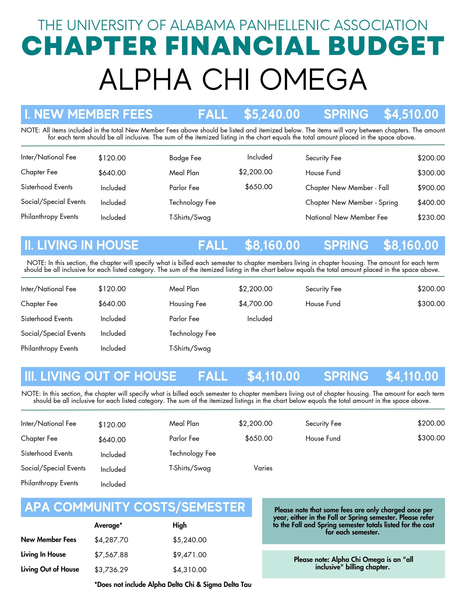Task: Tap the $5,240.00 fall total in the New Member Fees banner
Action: coord(272,114)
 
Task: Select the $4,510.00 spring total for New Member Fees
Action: coord(411,114)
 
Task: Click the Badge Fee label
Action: coord(185,158)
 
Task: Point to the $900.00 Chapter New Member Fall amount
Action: coord(431,188)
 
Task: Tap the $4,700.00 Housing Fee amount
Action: coord(255,304)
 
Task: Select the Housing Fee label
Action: coord(187,304)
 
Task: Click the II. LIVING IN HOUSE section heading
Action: coord(81,245)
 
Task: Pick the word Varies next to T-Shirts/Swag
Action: coord(263,468)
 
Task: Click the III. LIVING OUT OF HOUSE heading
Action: coord(100,376)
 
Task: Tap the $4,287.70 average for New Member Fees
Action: coord(111,540)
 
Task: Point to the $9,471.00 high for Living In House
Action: coord(190,554)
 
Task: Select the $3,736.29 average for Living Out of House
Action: coord(111,569)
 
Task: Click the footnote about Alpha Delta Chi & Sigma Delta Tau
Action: coord(173,584)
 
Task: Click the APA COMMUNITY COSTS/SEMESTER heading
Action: coord(135,507)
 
